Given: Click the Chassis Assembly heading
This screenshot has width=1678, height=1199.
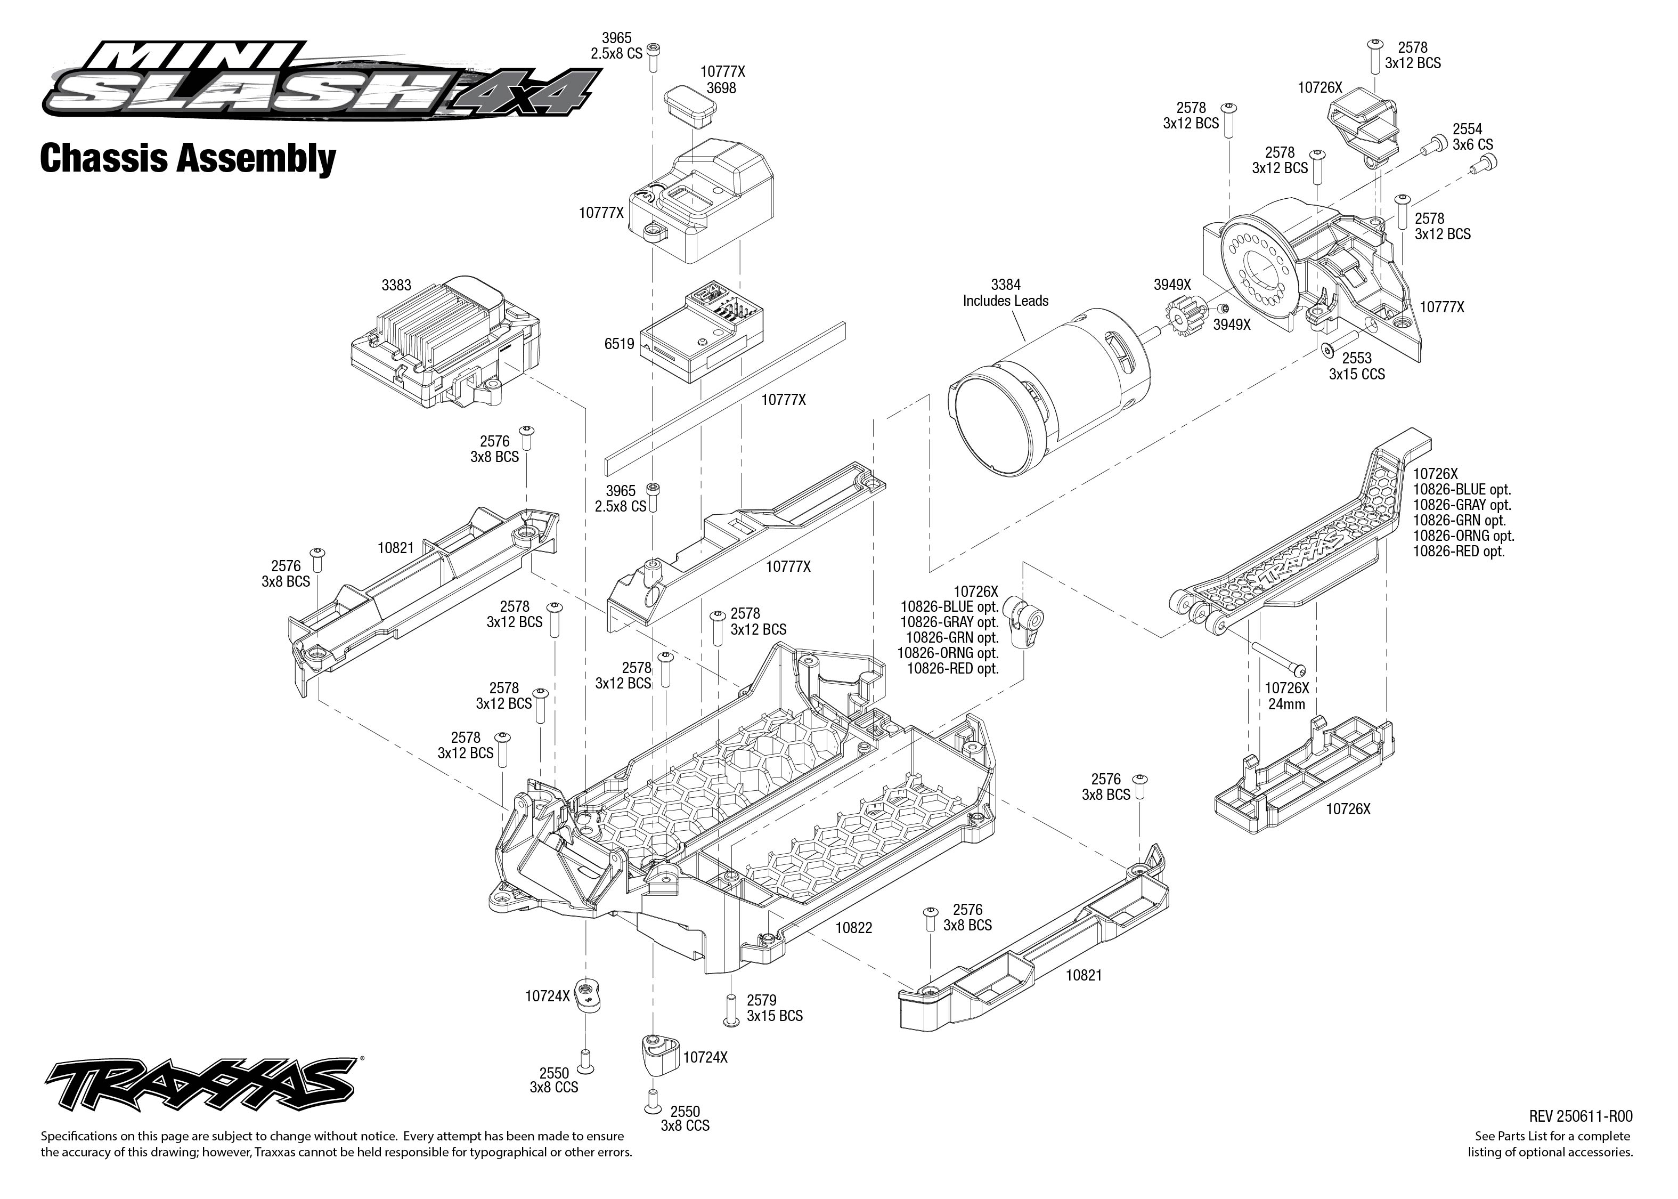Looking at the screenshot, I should point(188,159).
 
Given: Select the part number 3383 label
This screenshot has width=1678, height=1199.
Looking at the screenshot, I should point(396,285).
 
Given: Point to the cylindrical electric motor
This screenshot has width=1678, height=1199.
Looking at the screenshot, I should point(1048,402).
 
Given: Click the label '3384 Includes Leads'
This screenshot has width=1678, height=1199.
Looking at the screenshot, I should point(1005,293).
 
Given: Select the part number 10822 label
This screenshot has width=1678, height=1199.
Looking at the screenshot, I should point(854,928).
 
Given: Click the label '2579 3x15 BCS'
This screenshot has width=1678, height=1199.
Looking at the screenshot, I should point(774,1008).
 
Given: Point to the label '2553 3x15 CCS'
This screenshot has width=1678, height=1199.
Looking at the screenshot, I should point(1356,366).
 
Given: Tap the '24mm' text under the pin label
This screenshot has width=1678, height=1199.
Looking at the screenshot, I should point(1286,704).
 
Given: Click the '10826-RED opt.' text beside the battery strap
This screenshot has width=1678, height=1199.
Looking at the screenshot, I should point(1458,552).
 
